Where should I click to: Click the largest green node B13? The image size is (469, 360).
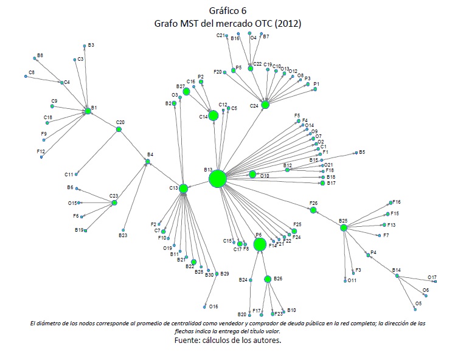coord(218,179)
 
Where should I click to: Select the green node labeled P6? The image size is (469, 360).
coord(260,244)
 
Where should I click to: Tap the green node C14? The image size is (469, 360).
coord(213,116)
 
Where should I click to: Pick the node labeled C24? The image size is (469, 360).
coord(265,105)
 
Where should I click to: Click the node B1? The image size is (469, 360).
coord(88,111)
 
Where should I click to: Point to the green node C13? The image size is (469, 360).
coord(183,189)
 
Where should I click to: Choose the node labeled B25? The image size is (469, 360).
coord(344,228)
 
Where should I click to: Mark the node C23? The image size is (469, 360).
coord(114,202)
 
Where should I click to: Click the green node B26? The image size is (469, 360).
coord(268,279)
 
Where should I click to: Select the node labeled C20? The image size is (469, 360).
coord(119,129)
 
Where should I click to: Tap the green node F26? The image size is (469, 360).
coord(313,210)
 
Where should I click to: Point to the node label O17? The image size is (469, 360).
coord(432,277)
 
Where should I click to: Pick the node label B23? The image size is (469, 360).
coord(122,235)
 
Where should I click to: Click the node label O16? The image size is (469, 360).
coord(214,306)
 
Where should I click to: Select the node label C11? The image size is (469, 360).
coord(69,175)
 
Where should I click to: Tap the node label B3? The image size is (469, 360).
coord(91,45)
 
